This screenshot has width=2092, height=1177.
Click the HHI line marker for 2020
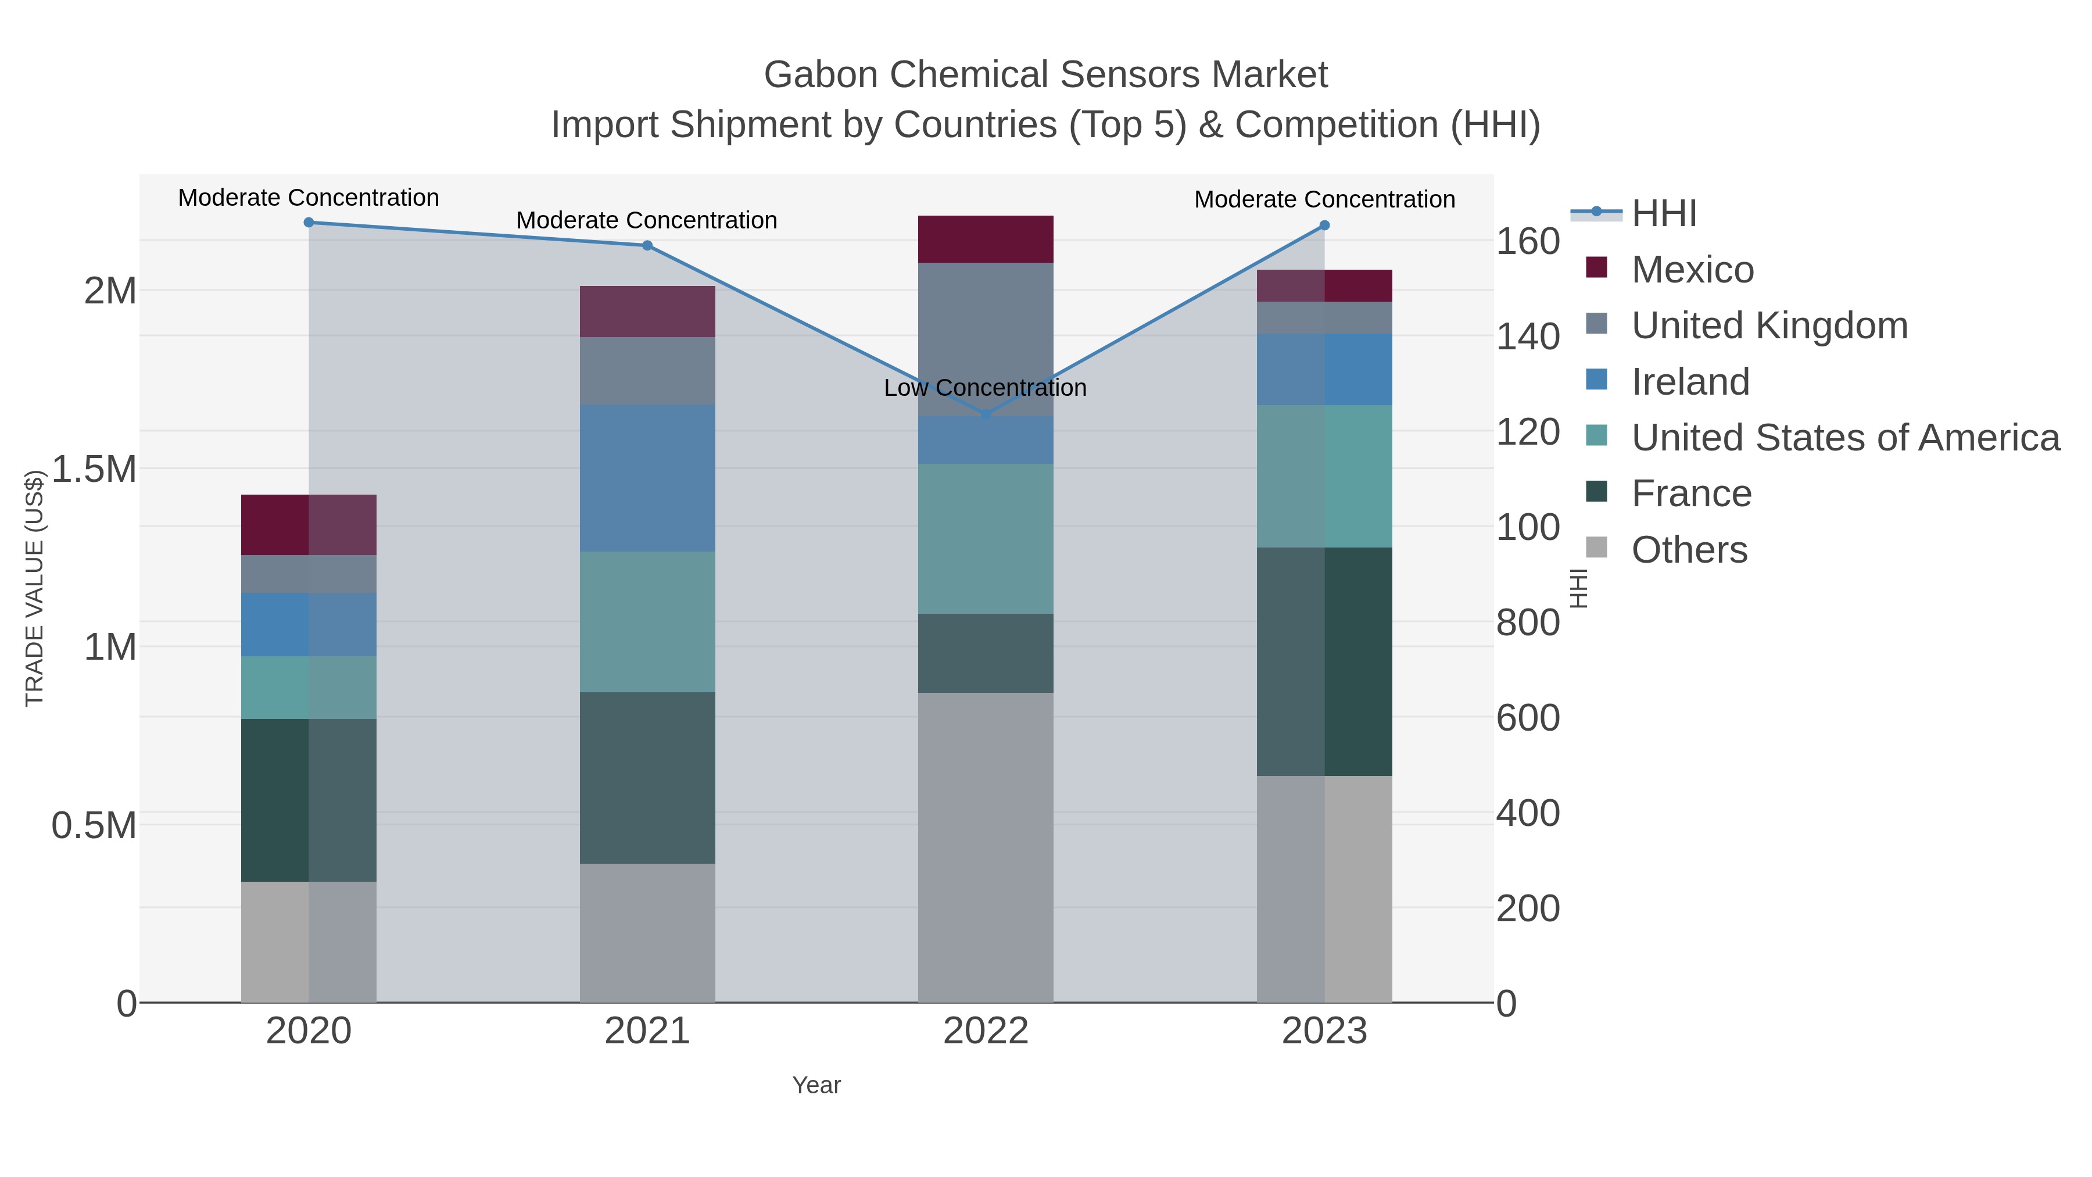point(309,223)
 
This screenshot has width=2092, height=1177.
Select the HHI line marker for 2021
point(647,245)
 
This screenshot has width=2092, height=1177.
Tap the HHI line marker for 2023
point(1324,226)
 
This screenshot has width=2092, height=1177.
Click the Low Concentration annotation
point(984,388)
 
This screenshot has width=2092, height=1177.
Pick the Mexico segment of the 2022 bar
point(985,239)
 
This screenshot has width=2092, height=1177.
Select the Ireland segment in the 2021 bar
point(647,478)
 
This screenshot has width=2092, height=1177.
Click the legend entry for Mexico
point(1692,270)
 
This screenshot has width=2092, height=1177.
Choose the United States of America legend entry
point(1845,438)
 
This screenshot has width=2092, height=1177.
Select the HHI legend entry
point(1663,214)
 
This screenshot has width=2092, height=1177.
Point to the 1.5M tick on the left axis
point(94,470)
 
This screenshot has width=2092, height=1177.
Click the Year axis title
point(816,1085)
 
